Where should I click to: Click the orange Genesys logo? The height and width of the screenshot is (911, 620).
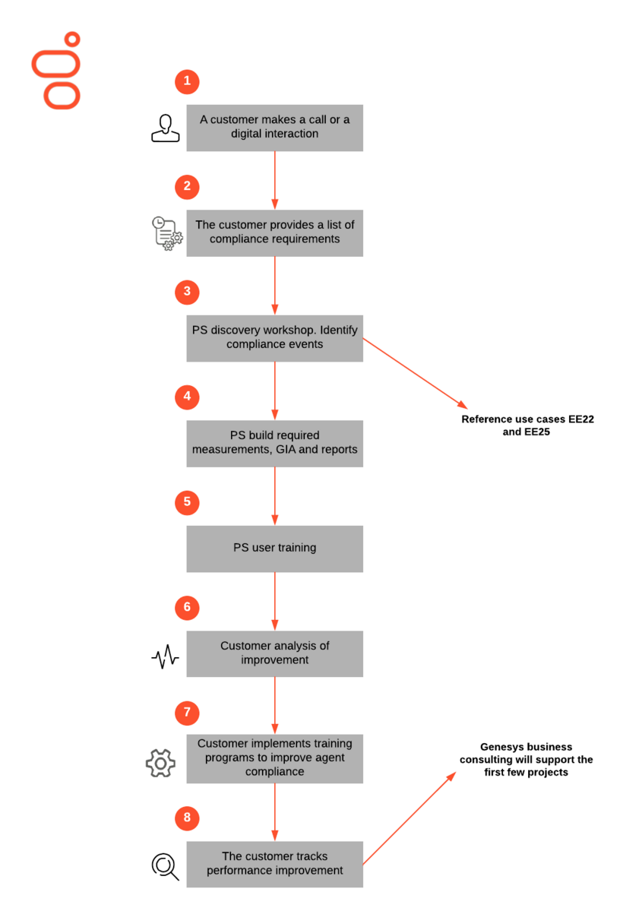pyautogui.click(x=55, y=71)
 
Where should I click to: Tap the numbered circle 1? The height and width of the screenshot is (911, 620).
pyautogui.click(x=187, y=81)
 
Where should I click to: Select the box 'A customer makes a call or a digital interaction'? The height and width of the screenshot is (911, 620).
pyautogui.click(x=275, y=128)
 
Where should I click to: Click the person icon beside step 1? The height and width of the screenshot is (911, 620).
pyautogui.click(x=166, y=128)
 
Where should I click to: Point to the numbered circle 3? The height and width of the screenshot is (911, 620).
pyautogui.click(x=187, y=292)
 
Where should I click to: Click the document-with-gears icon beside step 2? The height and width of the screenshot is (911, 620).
pyautogui.click(x=167, y=233)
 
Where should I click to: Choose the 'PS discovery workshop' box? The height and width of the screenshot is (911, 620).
pyautogui.click(x=275, y=338)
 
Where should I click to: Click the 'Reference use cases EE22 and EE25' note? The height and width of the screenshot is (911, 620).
pyautogui.click(x=527, y=425)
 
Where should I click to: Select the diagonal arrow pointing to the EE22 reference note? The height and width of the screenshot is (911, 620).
pyautogui.click(x=416, y=374)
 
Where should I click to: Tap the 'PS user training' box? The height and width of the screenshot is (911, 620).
pyautogui.click(x=275, y=549)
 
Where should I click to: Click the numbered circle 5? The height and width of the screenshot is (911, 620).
pyautogui.click(x=187, y=502)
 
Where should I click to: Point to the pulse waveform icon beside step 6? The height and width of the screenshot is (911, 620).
pyautogui.click(x=165, y=656)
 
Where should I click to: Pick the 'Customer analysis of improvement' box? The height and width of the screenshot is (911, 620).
pyautogui.click(x=275, y=653)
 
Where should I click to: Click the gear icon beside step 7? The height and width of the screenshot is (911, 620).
pyautogui.click(x=160, y=763)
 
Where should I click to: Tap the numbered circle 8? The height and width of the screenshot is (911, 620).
pyautogui.click(x=187, y=818)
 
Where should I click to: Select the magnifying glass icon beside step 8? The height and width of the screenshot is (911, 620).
pyautogui.click(x=165, y=867)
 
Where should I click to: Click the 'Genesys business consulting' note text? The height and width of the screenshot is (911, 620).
pyautogui.click(x=527, y=759)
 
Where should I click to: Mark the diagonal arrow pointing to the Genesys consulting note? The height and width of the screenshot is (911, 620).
pyautogui.click(x=410, y=818)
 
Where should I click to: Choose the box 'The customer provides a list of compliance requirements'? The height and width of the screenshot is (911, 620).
pyautogui.click(x=275, y=233)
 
